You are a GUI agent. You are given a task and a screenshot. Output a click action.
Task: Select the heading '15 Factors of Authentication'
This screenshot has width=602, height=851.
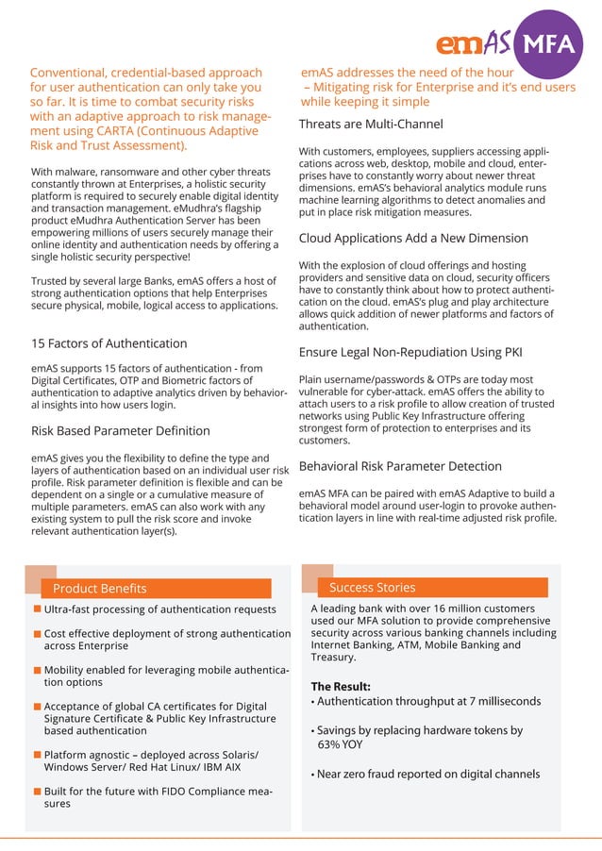pos(109,343)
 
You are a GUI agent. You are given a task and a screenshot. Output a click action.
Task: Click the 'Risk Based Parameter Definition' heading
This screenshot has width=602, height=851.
pos(121,431)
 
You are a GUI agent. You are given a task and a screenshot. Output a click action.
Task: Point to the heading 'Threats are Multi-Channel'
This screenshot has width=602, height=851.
pos(371,125)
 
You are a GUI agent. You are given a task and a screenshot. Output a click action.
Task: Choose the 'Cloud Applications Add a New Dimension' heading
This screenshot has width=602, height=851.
pos(413,238)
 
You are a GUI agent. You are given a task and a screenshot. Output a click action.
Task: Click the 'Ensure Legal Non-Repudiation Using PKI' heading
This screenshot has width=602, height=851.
pos(410,353)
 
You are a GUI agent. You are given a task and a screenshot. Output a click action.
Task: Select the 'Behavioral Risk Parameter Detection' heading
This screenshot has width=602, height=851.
pos(400,466)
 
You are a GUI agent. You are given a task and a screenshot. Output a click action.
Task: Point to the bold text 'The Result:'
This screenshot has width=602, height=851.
pos(341,686)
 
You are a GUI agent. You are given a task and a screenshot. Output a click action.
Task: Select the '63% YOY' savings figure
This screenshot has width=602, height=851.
pos(340,744)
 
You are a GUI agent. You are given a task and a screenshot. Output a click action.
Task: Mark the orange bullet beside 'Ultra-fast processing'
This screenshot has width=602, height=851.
pos(37,610)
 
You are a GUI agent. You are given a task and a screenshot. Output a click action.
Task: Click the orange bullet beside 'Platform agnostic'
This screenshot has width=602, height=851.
pos(37,755)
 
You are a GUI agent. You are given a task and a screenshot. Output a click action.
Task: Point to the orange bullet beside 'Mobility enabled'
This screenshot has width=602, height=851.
pos(37,670)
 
